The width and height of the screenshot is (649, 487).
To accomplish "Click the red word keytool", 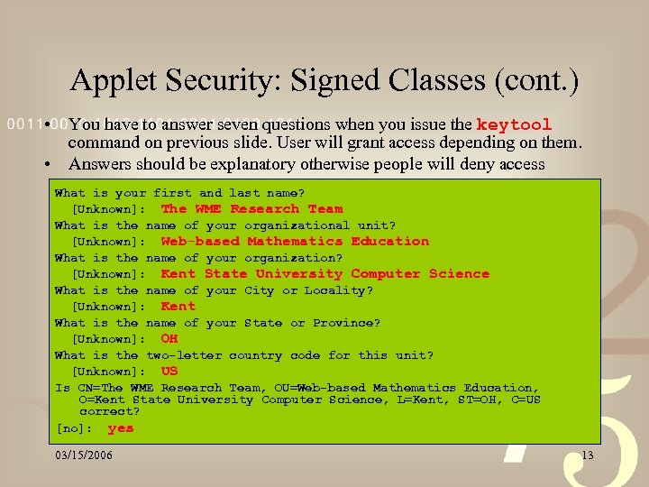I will pos(514,124).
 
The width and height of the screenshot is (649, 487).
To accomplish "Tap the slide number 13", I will pos(588,455).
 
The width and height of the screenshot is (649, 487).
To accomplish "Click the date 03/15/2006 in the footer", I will pos(84,455).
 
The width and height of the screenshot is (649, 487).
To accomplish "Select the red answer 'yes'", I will pos(120,428).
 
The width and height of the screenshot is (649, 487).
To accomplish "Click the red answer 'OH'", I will pos(169,339).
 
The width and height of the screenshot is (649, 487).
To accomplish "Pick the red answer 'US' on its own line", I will pos(169,372).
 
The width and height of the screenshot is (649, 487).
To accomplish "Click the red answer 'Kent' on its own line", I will pos(178,307).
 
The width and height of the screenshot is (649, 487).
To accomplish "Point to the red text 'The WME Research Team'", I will pos(251,208).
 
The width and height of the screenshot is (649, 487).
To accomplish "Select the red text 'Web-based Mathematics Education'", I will pos(295,241).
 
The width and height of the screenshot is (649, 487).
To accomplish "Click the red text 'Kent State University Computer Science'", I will pos(324,274).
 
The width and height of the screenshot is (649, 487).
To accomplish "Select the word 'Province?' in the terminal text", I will pos(347,323).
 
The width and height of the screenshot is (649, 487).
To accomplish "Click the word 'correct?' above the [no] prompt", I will pos(109,411).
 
